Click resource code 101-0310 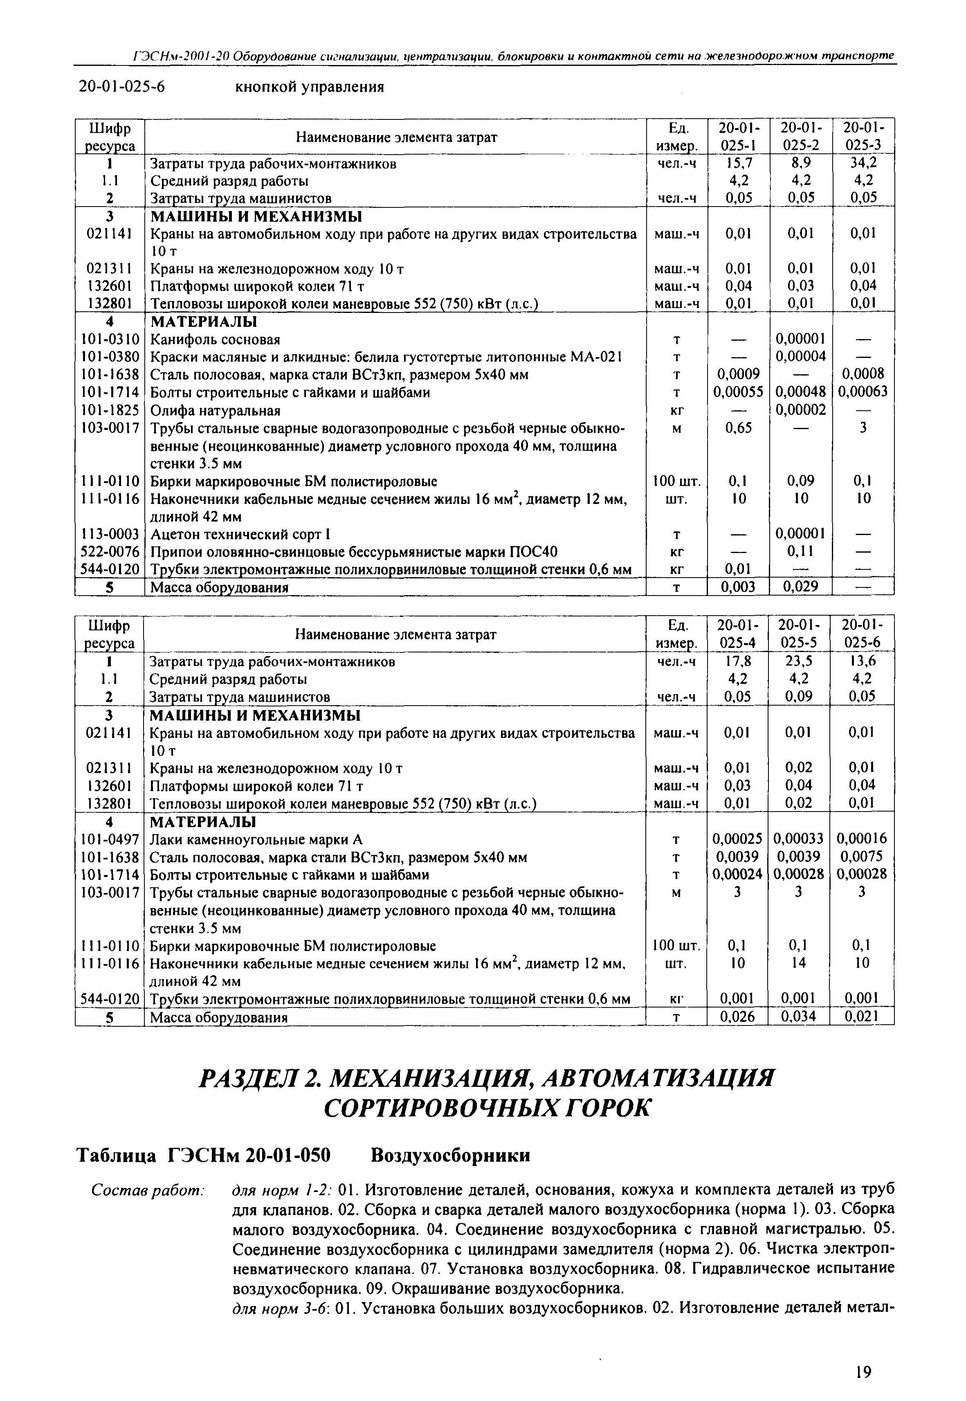tap(110, 339)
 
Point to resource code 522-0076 tap(110, 551)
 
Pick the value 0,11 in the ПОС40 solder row tap(800, 551)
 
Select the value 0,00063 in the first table tap(863, 392)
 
